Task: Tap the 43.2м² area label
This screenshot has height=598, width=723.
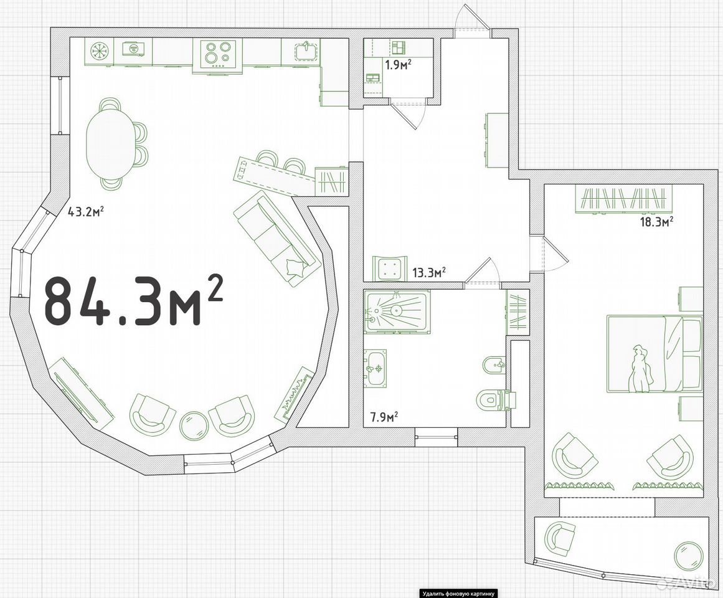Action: [x=85, y=212]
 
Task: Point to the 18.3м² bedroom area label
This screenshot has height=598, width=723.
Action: [x=656, y=222]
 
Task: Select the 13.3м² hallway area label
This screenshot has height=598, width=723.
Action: [x=429, y=272]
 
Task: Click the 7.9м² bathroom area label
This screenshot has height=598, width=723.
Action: [x=385, y=417]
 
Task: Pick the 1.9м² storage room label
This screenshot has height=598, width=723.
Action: [x=398, y=65]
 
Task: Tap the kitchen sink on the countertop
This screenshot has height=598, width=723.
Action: [x=305, y=50]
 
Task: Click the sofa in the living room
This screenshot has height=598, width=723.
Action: [x=277, y=240]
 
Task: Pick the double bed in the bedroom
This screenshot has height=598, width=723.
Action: [x=654, y=354]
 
